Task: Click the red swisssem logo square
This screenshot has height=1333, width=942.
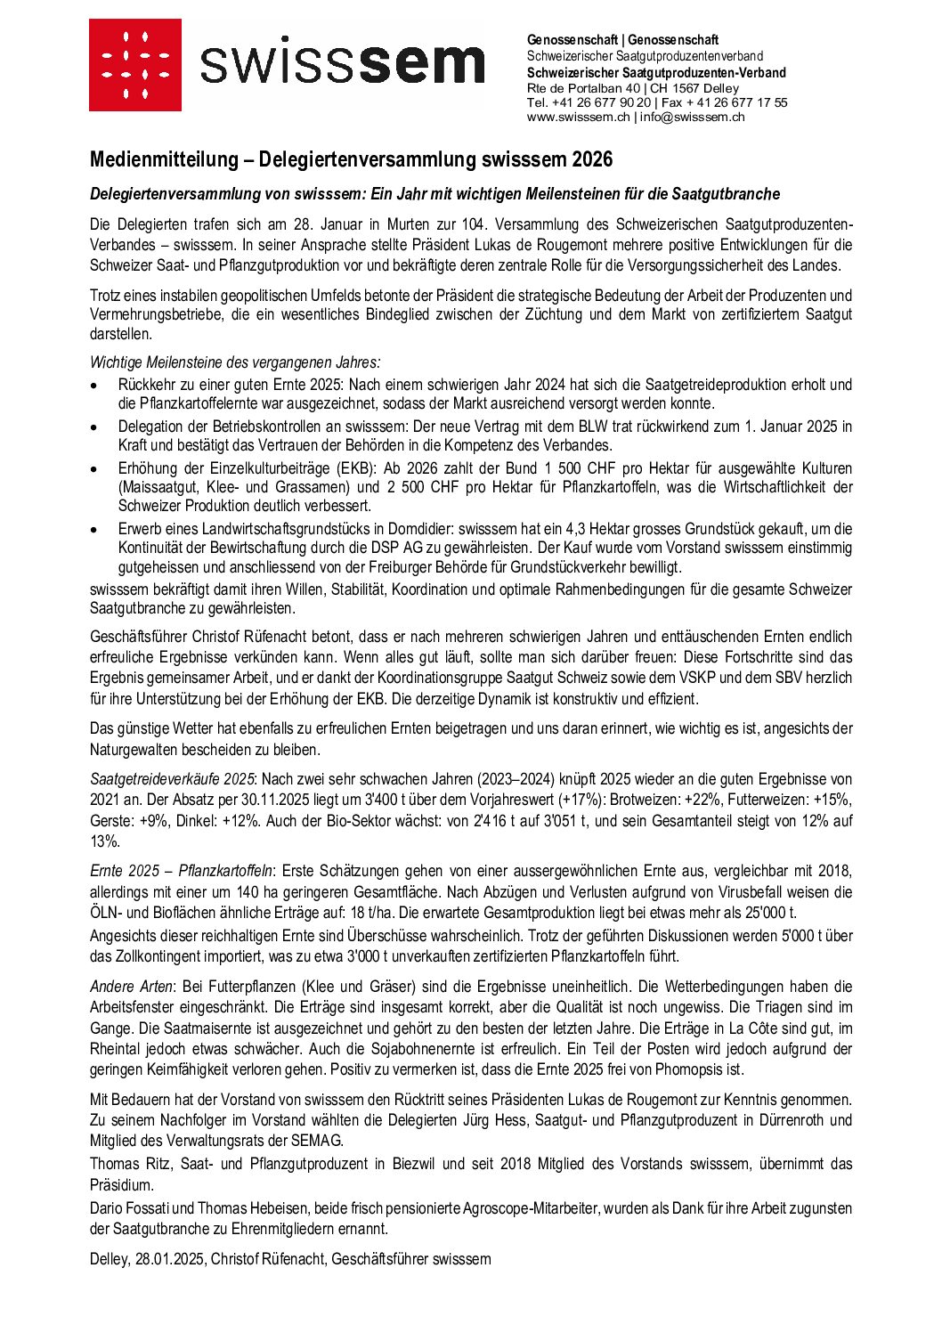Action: pyautogui.click(x=134, y=65)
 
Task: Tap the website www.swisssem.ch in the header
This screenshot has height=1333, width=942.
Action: pyautogui.click(x=578, y=117)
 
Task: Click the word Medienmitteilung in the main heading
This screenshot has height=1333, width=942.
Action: pyautogui.click(x=164, y=159)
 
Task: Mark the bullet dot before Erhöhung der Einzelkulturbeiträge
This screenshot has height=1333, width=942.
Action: pyautogui.click(x=95, y=469)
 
